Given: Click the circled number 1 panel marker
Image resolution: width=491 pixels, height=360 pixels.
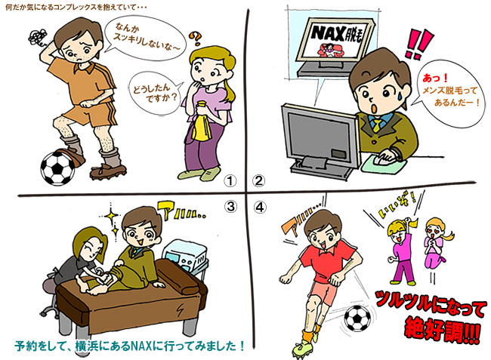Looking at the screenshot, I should click(x=232, y=180).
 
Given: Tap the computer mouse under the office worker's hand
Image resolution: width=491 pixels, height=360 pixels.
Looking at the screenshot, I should click(x=392, y=157).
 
